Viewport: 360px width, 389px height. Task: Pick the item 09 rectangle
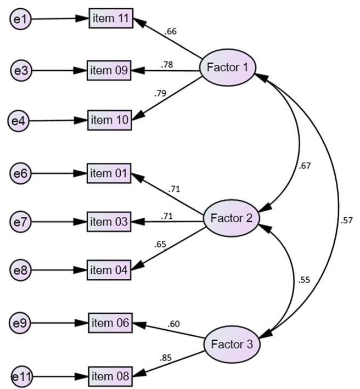pyautogui.click(x=109, y=71)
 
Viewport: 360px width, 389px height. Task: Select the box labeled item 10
pyautogui.click(x=110, y=120)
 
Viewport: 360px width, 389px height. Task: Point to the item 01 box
pyautogui.click(x=109, y=174)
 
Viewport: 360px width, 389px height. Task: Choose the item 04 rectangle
pyautogui.click(x=109, y=270)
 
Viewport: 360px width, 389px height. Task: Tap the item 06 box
pyautogui.click(x=110, y=323)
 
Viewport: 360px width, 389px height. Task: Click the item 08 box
pyautogui.click(x=110, y=376)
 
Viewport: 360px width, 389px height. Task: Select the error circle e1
pyautogui.click(x=20, y=20)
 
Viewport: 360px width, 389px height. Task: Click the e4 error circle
pyautogui.click(x=20, y=120)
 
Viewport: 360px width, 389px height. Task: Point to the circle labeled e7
pyautogui.click(x=20, y=222)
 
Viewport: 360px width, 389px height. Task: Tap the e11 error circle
pyautogui.click(x=20, y=377)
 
